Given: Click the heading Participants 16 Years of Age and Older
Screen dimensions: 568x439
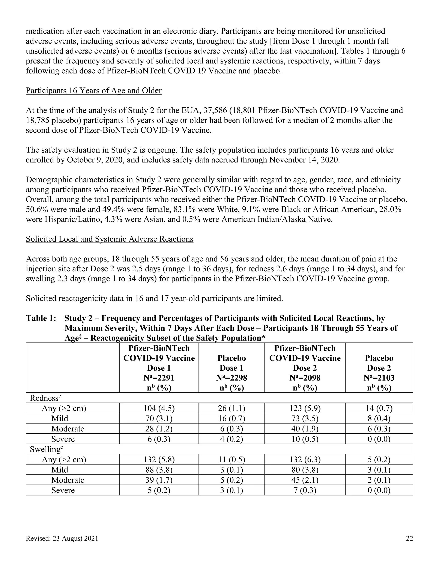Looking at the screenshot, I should coord(94,90).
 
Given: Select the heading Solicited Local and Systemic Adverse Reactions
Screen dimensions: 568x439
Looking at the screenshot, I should coord(110,239).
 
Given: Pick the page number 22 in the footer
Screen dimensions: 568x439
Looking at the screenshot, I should coord(409,538).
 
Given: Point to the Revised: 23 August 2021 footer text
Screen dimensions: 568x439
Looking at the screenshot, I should coord(62,538).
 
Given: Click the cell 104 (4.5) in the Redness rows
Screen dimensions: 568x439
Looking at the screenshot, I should coord(159,408).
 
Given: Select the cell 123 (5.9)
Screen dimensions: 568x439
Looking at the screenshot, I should coord(305,408).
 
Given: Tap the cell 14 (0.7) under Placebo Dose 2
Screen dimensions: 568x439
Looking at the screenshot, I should coord(379,408).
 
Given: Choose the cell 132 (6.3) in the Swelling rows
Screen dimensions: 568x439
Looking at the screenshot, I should coord(305,460).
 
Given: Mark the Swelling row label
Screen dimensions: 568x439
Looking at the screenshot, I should coord(46,449).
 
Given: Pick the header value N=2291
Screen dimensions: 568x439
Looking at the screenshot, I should coord(159,378).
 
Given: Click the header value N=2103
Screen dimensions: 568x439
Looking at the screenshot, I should coord(379,378).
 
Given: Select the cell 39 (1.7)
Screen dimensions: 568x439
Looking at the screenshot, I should coord(159,480).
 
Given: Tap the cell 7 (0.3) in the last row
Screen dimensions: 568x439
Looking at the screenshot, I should coord(305,490).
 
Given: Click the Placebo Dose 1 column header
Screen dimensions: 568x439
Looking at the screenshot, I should coord(232,363).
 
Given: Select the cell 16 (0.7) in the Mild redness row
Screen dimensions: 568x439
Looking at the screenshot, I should coord(232,418).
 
